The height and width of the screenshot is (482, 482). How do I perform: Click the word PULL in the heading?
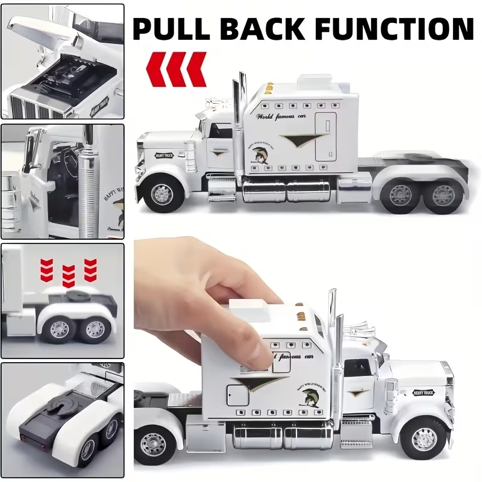pos(174,28)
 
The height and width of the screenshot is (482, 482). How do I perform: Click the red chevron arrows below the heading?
pos(177,69)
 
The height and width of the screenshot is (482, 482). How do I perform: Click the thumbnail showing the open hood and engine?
pos(63,60)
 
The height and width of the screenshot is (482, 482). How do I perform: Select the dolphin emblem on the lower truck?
pos(308,397)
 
